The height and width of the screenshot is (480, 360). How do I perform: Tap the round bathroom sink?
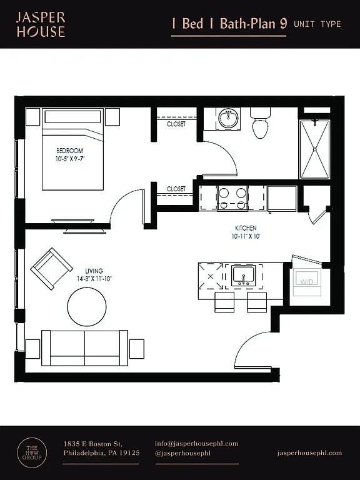[228, 118]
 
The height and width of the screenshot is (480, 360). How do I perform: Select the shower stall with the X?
[315, 149]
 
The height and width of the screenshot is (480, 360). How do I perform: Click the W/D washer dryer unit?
[307, 282]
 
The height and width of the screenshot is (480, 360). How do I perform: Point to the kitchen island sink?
[243, 276]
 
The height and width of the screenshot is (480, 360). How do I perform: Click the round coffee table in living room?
[87, 307]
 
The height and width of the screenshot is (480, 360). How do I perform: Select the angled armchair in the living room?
[51, 269]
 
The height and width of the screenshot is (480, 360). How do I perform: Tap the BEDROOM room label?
[70, 151]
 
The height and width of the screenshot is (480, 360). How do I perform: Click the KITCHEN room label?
[246, 228]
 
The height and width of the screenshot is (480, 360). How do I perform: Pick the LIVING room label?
[94, 271]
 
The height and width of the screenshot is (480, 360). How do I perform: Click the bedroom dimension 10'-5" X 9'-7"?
[70, 159]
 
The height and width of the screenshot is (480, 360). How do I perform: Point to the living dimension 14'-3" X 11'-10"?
[94, 279]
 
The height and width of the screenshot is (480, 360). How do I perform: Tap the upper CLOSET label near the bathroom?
[176, 124]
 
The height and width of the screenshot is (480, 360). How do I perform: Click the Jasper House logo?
[41, 24]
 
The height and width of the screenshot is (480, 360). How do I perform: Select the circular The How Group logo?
[32, 453]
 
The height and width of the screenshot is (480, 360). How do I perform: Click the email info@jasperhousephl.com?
[196, 444]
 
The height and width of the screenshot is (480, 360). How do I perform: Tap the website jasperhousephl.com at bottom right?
[309, 453]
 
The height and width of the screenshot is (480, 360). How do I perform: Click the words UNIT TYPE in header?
[317, 24]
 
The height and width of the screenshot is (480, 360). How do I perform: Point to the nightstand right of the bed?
[112, 117]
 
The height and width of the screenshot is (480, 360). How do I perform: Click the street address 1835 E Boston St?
[93, 444]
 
